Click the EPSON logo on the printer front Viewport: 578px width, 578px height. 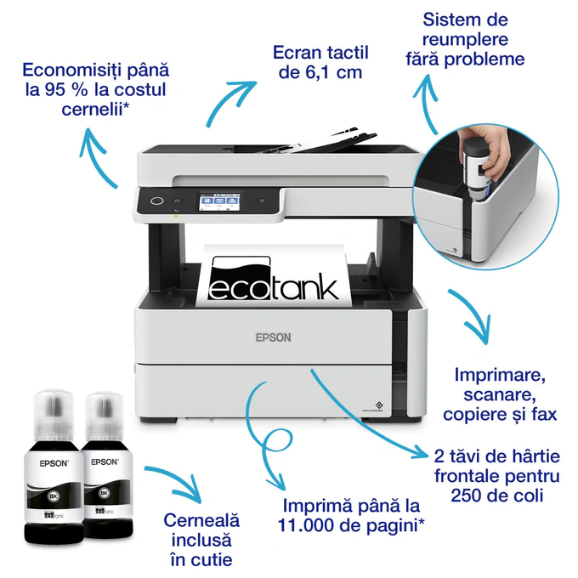(x=273, y=337)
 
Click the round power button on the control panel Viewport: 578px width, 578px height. (x=156, y=201)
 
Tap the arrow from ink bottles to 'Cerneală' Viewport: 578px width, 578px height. (x=174, y=479)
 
